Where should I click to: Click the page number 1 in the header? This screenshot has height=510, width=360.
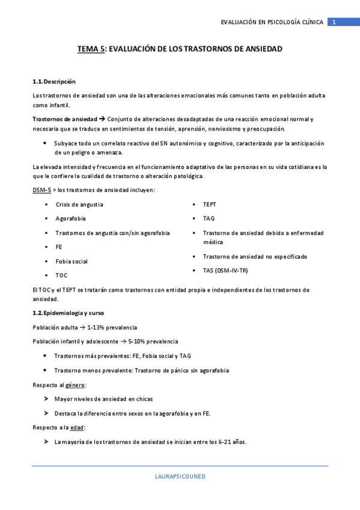pos(334,22)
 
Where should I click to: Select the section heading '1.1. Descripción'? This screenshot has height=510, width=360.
pos(54,81)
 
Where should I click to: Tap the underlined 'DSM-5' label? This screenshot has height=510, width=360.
pos(41,190)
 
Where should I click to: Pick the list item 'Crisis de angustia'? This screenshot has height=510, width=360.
pos(79,204)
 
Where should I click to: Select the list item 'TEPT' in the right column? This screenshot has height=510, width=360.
pos(210,204)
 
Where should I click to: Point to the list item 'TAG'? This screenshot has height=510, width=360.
pos(209,218)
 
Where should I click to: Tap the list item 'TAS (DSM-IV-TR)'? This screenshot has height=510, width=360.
pos(225,271)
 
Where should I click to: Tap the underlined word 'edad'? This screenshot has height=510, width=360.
pos(77,428)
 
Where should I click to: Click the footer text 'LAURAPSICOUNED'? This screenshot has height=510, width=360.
pos(180,476)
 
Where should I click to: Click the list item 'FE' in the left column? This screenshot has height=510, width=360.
pos(59,247)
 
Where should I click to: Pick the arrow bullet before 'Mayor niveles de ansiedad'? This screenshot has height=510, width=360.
pos(46,399)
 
